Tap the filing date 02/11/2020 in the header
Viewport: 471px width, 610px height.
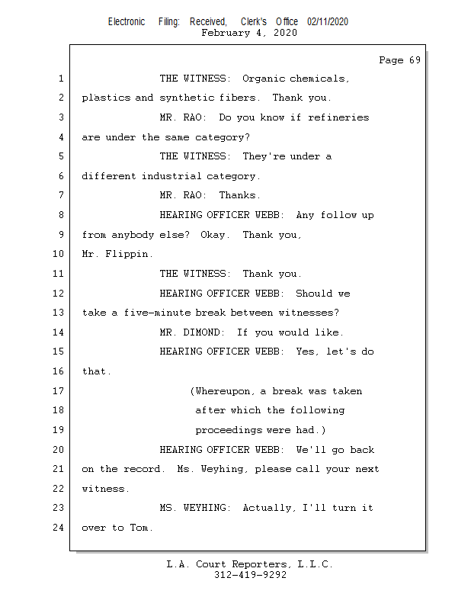pyautogui.click(x=328, y=22)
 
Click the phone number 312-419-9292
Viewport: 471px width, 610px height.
pyautogui.click(x=250, y=576)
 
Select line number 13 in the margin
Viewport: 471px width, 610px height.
pyautogui.click(x=59, y=313)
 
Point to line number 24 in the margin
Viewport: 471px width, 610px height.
pyautogui.click(x=59, y=527)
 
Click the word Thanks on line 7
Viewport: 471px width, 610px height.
pyautogui.click(x=239, y=195)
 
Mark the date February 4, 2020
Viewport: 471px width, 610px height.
pyautogui.click(x=249, y=33)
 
